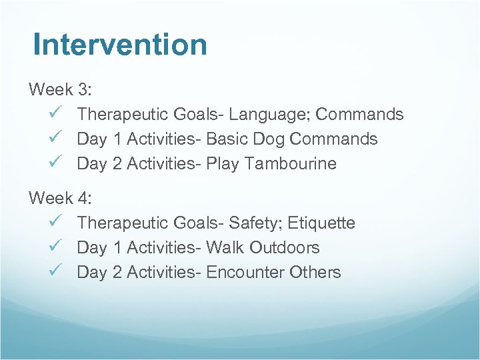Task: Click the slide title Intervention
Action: coord(120,45)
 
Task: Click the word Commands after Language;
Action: coord(359,114)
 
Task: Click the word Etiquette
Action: coord(321,223)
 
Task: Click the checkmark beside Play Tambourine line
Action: coord(55,163)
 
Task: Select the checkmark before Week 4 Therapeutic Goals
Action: coord(55,222)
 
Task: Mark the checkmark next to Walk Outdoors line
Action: coord(55,247)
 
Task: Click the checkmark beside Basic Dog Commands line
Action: coord(55,138)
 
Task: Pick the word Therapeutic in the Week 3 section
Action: coord(122,115)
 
